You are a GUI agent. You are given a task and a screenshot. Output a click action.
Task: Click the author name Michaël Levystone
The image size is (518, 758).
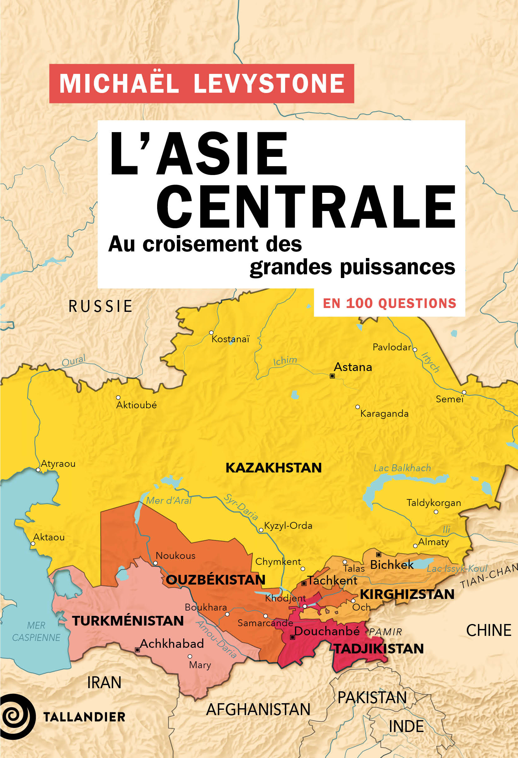pos(202,84)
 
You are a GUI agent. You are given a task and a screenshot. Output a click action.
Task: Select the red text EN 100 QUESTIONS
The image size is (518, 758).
pos(389,303)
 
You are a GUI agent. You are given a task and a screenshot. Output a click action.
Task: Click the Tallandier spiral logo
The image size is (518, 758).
pos(17,717)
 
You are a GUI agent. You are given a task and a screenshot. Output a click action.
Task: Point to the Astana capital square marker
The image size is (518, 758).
pos(332,376)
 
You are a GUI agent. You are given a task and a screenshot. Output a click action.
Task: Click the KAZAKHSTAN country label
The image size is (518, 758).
pos(274,468)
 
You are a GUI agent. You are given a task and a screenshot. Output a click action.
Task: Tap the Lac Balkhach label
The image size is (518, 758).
pos(402,468)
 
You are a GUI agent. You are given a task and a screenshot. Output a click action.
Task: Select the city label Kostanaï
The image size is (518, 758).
pos(230,339)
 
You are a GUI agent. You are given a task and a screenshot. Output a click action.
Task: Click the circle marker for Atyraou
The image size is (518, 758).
pos(38,470)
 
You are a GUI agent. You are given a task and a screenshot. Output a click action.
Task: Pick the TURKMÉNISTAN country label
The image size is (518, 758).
pos(128,621)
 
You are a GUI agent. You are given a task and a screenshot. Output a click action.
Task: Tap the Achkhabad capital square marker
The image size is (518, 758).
pos(137,650)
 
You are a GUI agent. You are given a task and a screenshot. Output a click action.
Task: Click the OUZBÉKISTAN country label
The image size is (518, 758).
pos(215,580)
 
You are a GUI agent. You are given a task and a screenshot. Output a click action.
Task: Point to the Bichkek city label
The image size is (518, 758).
pos(392,565)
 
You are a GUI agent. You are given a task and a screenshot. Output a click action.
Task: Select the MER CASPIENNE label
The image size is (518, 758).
pos(36,631)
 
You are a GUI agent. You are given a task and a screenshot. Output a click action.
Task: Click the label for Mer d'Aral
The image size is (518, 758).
pos(168,501)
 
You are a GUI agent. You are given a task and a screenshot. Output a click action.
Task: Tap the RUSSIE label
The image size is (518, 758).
pos(100,307)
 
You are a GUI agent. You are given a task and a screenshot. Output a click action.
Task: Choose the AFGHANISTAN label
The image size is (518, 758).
pos(258,709)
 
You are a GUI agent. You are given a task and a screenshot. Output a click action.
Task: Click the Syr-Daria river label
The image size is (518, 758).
pos(241,507)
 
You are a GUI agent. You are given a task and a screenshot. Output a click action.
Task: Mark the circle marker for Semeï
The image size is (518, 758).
pos(464,392)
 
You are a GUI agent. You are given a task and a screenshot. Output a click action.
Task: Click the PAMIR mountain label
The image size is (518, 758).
pos(385,632)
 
